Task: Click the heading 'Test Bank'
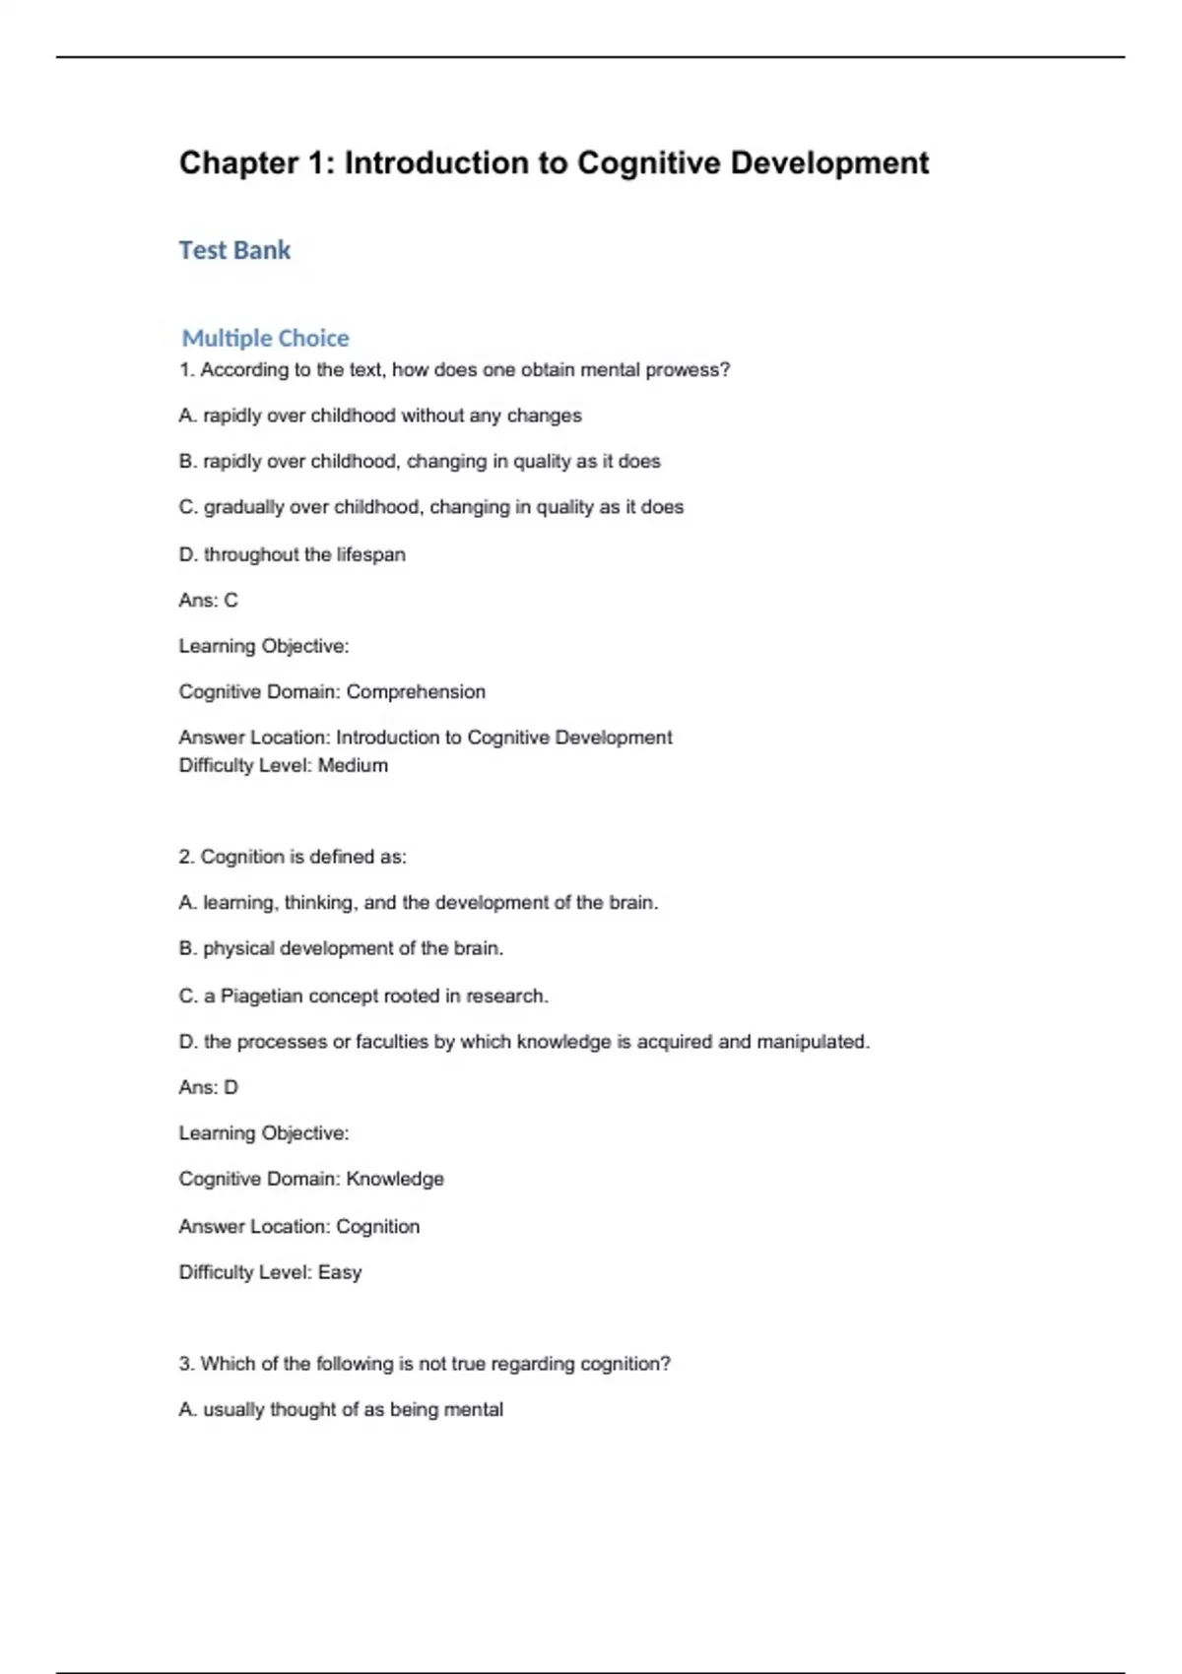(x=234, y=250)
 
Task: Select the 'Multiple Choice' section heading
(x=265, y=338)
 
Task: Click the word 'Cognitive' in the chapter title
(x=648, y=162)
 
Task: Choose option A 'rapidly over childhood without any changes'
(x=380, y=416)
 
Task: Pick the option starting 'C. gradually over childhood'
(x=430, y=507)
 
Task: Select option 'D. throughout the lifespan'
(x=292, y=554)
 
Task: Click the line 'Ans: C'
(x=208, y=600)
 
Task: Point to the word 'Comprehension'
(x=416, y=691)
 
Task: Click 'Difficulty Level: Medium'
(x=283, y=765)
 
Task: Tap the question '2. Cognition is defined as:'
(x=292, y=857)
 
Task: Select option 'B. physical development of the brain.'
(x=341, y=948)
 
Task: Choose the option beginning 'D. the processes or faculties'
(x=524, y=1042)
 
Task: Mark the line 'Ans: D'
(x=208, y=1087)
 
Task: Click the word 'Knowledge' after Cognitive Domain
(x=395, y=1179)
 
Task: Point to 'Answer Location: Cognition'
(x=298, y=1226)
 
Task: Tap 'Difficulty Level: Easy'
(x=270, y=1272)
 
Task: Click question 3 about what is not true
(x=425, y=1364)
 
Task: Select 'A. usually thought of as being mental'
(x=341, y=1409)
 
